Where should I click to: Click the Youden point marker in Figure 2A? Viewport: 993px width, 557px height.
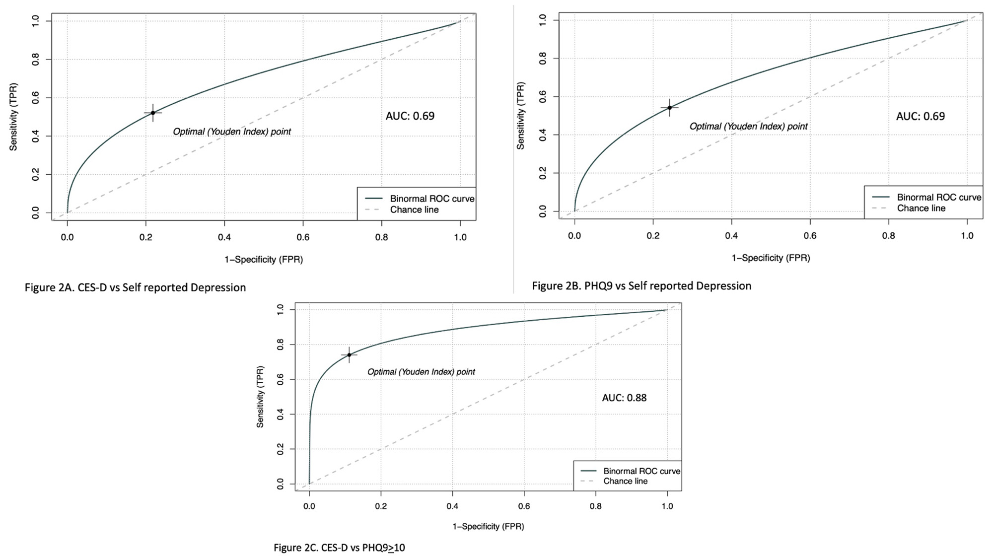153,113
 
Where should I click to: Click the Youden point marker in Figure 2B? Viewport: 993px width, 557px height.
669,108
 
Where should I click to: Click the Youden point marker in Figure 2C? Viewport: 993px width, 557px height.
349,355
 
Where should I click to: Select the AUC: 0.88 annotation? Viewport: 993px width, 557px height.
624,398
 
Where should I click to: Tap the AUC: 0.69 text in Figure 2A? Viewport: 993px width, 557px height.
410,116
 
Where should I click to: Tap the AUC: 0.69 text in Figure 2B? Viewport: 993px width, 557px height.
920,117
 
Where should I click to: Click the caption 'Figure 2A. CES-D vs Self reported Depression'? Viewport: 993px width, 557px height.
135,287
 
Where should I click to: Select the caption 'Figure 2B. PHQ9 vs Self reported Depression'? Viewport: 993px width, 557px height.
641,286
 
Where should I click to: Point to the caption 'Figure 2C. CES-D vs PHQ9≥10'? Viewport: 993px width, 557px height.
339,548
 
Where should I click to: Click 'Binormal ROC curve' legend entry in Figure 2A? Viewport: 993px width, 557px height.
431,199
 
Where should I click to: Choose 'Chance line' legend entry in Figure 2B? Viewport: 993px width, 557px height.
921,209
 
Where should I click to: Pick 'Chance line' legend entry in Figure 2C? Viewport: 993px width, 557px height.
625,481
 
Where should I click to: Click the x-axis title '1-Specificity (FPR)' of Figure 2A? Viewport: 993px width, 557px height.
264,259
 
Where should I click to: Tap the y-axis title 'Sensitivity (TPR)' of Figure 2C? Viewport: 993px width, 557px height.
260,397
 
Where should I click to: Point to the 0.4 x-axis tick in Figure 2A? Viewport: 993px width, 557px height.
224,237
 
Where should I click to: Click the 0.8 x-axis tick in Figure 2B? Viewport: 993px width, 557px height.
889,236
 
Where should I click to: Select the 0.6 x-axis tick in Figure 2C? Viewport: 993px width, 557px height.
524,506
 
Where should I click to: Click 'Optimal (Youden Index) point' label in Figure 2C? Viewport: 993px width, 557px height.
421,372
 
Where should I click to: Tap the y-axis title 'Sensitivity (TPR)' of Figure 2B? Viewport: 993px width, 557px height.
520,116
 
